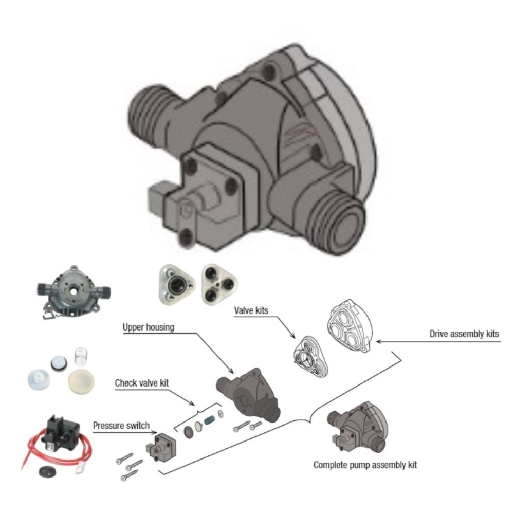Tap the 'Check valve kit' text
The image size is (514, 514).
click(142, 383)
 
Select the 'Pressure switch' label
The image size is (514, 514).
click(121, 426)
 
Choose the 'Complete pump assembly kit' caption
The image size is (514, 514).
click(365, 465)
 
